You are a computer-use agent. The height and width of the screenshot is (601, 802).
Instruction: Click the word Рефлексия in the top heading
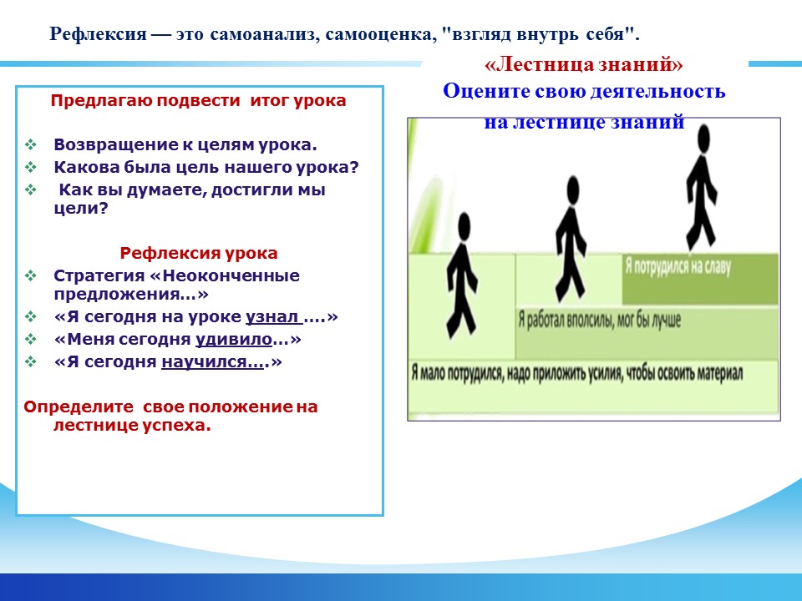coord(98,35)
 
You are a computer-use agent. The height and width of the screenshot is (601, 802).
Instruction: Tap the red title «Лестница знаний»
coord(584,64)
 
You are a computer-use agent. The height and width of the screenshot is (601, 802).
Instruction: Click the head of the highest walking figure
coord(703,139)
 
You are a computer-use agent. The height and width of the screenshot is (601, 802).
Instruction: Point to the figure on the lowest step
coord(463,276)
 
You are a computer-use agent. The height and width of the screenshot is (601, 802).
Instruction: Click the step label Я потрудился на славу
coord(678,266)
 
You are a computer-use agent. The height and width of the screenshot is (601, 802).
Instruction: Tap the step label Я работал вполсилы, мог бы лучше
coord(600,321)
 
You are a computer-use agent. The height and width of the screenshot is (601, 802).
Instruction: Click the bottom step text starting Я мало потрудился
coord(576,373)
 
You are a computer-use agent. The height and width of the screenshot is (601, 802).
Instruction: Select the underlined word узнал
coord(274,317)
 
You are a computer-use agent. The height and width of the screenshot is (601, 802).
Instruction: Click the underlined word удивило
coord(234,340)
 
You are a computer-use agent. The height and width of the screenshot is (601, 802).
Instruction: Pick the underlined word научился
coord(212,361)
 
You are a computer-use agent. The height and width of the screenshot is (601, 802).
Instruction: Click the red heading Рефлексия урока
coord(199,253)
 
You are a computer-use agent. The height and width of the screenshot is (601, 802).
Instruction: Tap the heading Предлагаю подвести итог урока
coord(199,100)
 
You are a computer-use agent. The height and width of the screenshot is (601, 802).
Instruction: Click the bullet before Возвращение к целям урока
coord(31,144)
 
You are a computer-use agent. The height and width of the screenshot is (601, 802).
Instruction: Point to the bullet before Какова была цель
coord(31,167)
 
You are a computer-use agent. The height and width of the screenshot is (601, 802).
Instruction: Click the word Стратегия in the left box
coord(99,276)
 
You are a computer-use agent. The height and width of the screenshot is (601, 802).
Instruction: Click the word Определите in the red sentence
coord(79,407)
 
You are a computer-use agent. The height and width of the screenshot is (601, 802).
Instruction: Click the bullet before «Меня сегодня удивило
coord(31,340)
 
